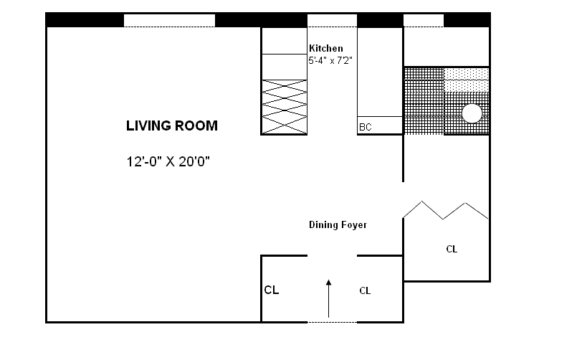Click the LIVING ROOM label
172,125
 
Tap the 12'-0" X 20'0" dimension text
168,161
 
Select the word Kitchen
326,48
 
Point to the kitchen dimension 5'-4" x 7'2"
330,60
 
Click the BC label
366,127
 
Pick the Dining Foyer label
338,224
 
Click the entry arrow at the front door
328,299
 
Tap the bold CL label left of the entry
272,290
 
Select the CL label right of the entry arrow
365,290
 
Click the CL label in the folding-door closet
452,249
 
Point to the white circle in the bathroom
472,113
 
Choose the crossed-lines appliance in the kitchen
285,107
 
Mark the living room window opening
169,20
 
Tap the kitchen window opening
332,20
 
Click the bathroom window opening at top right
424,20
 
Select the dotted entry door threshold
332,322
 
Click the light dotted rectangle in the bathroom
466,80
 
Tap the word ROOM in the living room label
195,125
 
